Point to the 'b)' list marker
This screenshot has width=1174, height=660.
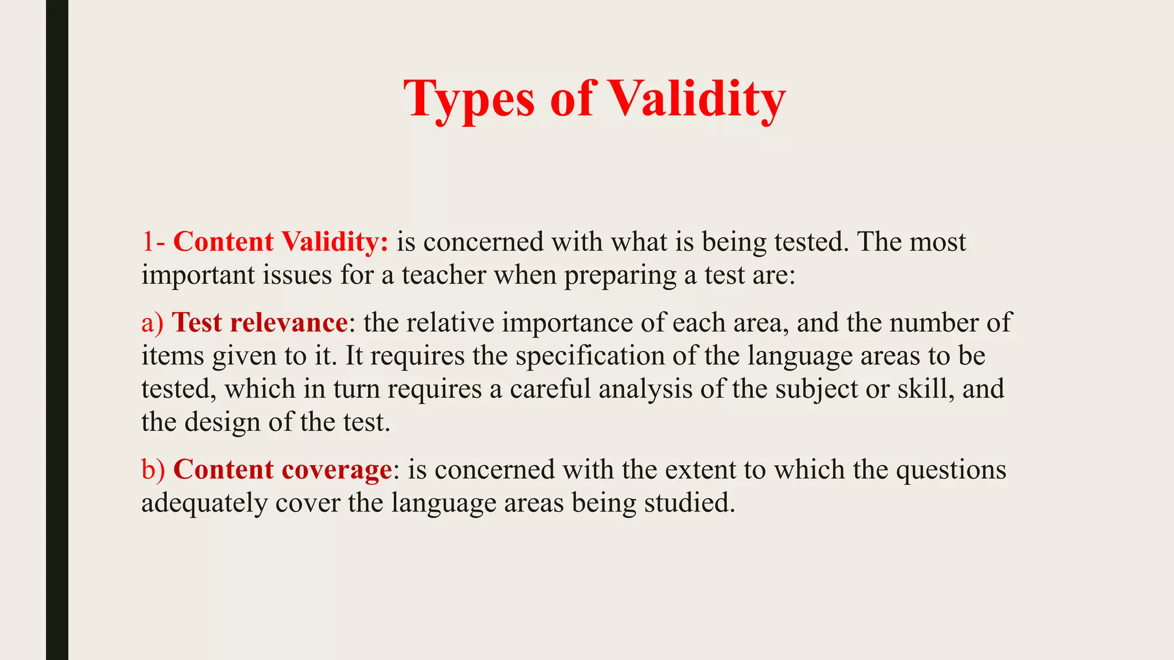[x=153, y=470]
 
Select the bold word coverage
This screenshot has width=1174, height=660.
[x=336, y=470]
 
